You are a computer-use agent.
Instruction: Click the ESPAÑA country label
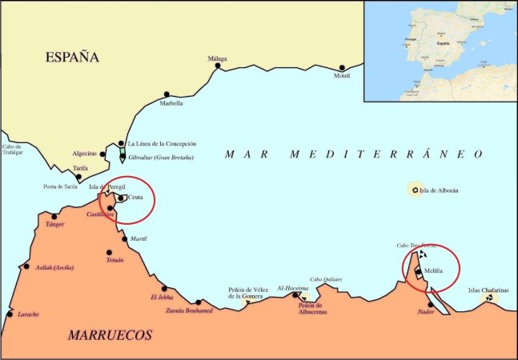(72, 57)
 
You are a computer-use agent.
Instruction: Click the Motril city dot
(342, 68)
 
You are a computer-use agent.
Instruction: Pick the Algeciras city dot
(102, 154)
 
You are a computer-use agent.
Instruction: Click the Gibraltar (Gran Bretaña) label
(160, 158)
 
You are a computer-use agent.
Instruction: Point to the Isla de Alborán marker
(415, 190)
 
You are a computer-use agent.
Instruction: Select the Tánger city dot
(54, 216)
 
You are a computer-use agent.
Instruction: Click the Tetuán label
(115, 260)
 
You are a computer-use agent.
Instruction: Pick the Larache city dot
(10, 314)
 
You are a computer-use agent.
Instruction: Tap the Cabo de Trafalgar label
(13, 150)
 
